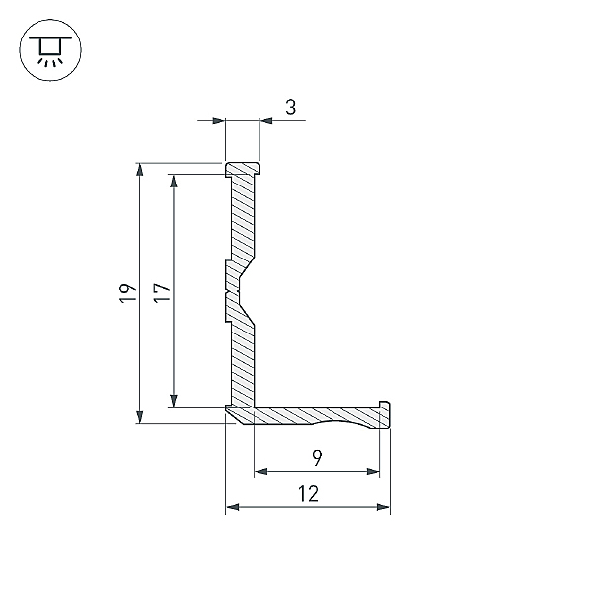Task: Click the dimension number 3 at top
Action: [x=291, y=108]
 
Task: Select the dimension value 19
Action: [x=128, y=293]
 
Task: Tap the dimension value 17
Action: [x=162, y=292]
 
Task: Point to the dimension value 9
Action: [x=317, y=458]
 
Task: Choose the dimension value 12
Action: [x=309, y=494]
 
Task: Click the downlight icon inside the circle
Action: [x=50, y=51]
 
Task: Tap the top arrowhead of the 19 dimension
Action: [x=140, y=169]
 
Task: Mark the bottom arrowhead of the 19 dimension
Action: [x=140, y=417]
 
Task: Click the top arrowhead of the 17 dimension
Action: [x=174, y=181]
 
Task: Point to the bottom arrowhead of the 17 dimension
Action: [x=174, y=401]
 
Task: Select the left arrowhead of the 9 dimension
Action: [x=260, y=472]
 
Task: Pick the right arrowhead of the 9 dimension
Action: [x=373, y=472]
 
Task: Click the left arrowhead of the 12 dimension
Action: [x=233, y=507]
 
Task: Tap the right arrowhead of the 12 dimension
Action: [x=383, y=507]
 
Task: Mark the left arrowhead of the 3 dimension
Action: [x=219, y=121]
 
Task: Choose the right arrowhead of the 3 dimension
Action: [x=266, y=121]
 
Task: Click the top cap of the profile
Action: [x=243, y=169]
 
